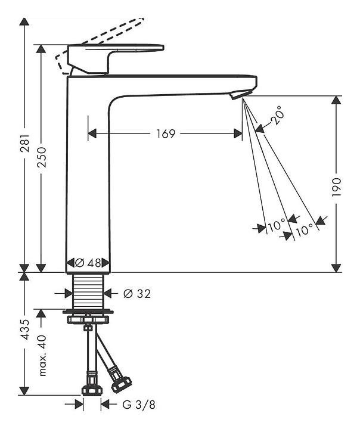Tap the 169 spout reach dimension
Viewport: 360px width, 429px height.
[x=166, y=133]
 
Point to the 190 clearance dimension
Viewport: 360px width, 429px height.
[x=336, y=188]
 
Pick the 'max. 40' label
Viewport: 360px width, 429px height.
[x=41, y=356]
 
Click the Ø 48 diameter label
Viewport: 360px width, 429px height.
[x=88, y=263]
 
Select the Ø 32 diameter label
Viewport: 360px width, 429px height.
[x=136, y=293]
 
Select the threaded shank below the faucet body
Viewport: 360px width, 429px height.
[x=88, y=293]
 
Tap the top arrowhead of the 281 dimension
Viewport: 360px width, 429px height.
[x=24, y=21]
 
